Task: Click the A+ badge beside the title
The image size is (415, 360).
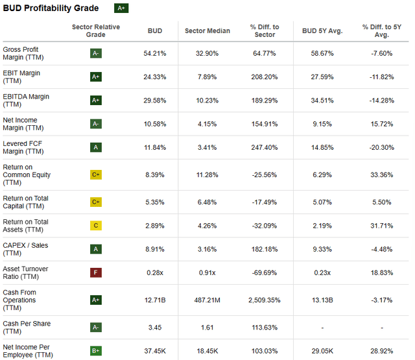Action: [121, 8]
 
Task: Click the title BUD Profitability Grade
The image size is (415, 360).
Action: [51, 8]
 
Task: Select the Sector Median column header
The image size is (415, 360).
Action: [207, 30]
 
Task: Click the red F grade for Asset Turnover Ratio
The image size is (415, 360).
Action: [95, 273]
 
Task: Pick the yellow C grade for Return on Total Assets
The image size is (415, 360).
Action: [95, 226]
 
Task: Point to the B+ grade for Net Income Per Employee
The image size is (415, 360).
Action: [95, 352]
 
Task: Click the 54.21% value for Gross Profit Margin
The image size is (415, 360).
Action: [154, 53]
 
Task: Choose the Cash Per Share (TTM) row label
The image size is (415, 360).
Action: [27, 328]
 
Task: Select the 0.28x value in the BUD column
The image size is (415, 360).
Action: [154, 273]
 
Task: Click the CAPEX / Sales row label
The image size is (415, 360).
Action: [25, 249]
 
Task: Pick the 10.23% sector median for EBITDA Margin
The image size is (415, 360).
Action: [207, 101]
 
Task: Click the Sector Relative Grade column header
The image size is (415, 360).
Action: [95, 30]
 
